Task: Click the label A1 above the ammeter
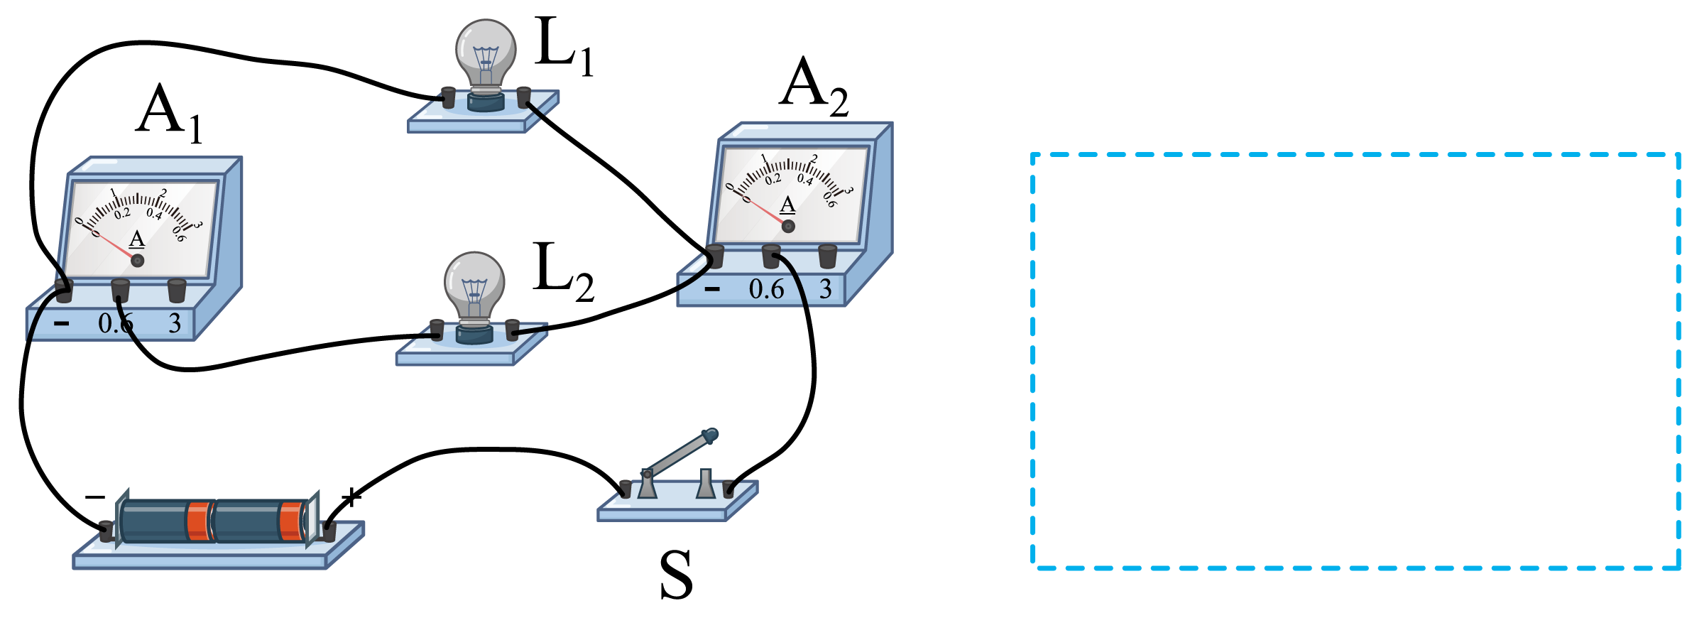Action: pyautogui.click(x=169, y=114)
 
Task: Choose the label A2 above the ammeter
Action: pyautogui.click(x=814, y=87)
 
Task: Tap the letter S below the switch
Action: pyautogui.click(x=675, y=575)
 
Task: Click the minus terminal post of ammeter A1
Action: pyautogui.click(x=64, y=291)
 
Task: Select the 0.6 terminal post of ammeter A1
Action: pyautogui.click(x=120, y=291)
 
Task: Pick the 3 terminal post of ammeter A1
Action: pyautogui.click(x=177, y=291)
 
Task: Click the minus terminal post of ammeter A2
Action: pyautogui.click(x=714, y=256)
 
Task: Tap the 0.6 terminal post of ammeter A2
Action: pyautogui.click(x=771, y=256)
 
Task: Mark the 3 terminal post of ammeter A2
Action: pyautogui.click(x=827, y=256)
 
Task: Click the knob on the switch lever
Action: pyautogui.click(x=709, y=435)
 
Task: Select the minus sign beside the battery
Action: pyautogui.click(x=95, y=497)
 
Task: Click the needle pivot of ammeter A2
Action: pyautogui.click(x=788, y=227)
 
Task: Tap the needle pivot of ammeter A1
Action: pyautogui.click(x=138, y=261)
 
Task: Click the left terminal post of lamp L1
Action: pyautogui.click(x=449, y=97)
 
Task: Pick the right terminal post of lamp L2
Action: pyautogui.click(x=512, y=330)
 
